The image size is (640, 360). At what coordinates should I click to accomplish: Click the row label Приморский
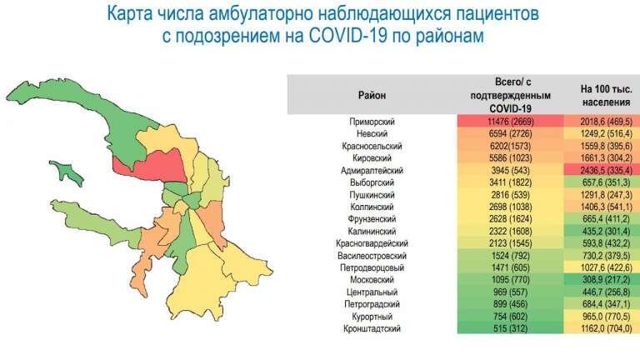(x=372, y=122)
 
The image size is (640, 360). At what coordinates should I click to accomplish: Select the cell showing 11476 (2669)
(x=510, y=121)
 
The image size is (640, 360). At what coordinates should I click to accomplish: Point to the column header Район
(x=372, y=96)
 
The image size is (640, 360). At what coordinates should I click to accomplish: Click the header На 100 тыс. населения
(x=606, y=96)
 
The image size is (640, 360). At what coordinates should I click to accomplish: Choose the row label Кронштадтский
(x=372, y=328)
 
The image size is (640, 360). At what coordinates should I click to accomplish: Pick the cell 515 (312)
(x=510, y=328)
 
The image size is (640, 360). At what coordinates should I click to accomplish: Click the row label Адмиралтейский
(x=372, y=170)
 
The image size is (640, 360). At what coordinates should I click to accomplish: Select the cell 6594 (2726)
(x=510, y=133)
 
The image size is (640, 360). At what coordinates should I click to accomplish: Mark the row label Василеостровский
(x=372, y=256)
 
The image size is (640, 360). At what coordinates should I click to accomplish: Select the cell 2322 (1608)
(x=510, y=232)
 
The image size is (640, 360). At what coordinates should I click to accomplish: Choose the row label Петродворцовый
(x=372, y=268)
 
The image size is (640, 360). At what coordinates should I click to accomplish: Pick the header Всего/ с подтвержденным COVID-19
(x=510, y=96)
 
